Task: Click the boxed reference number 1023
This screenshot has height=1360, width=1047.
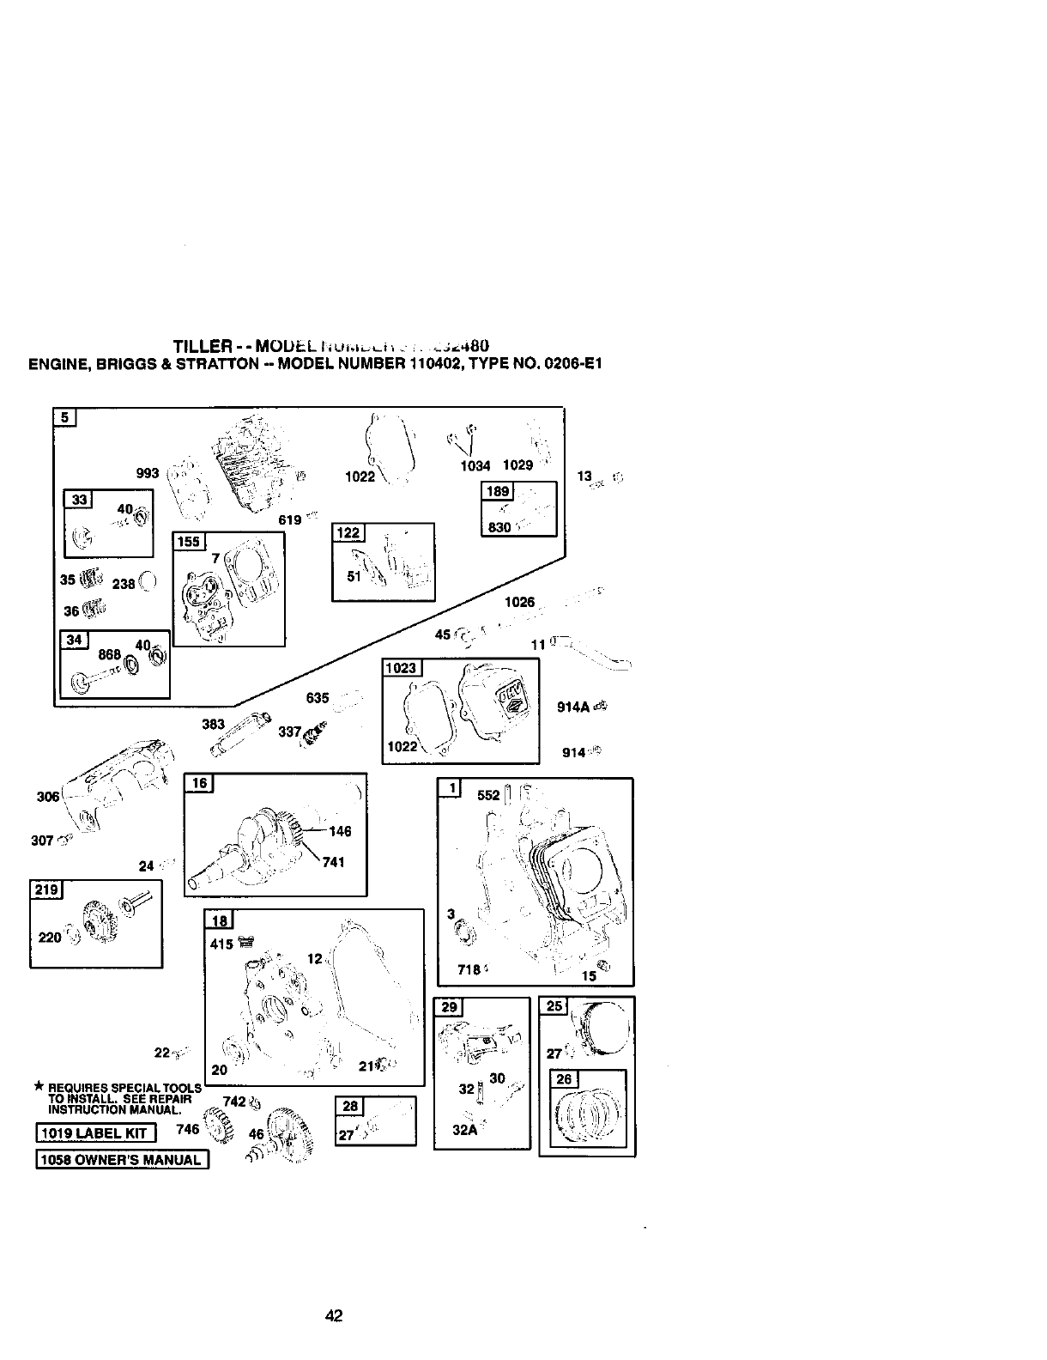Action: pyautogui.click(x=400, y=668)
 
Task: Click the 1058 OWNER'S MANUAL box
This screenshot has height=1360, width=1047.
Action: pyautogui.click(x=121, y=1160)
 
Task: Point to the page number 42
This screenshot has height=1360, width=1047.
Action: pyautogui.click(x=335, y=1314)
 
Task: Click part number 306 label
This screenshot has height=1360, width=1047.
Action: pyautogui.click(x=48, y=797)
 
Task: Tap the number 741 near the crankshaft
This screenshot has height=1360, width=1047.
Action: pyautogui.click(x=333, y=861)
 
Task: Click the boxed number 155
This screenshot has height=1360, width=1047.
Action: pyautogui.click(x=187, y=541)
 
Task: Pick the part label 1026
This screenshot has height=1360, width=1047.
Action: pyautogui.click(x=519, y=602)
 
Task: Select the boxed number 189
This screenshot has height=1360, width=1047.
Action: pyautogui.click(x=498, y=491)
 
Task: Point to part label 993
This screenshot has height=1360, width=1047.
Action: pyautogui.click(x=148, y=472)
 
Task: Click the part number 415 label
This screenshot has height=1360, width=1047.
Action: pyautogui.click(x=221, y=944)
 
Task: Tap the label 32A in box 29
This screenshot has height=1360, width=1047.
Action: pyautogui.click(x=463, y=1129)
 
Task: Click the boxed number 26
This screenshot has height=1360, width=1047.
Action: pyautogui.click(x=564, y=1079)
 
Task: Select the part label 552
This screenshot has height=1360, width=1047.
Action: pyautogui.click(x=487, y=795)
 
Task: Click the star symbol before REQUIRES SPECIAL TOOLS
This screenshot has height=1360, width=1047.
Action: pyautogui.click(x=38, y=1086)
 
